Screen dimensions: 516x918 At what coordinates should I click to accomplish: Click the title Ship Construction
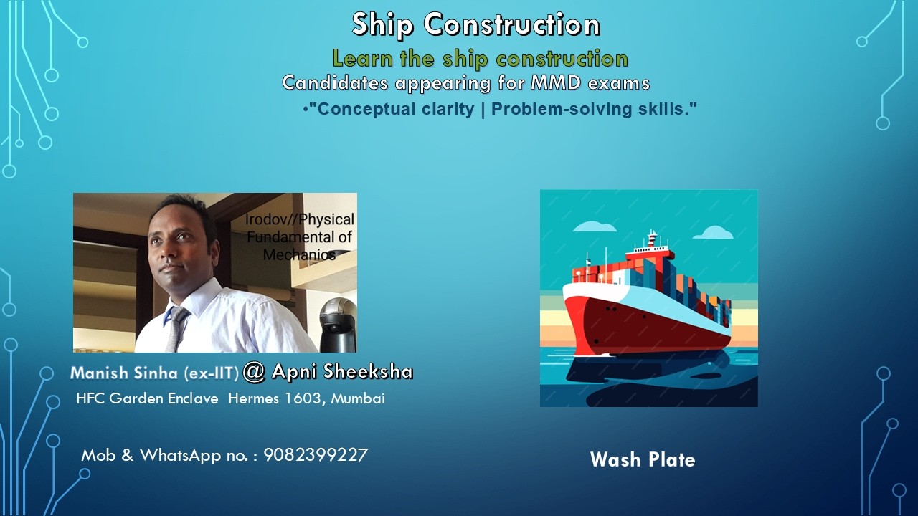[x=475, y=25]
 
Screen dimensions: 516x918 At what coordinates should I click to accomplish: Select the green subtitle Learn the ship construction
[x=480, y=59]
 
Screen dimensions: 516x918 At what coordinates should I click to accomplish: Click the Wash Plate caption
[x=643, y=459]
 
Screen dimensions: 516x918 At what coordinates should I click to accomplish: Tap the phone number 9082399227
[x=316, y=455]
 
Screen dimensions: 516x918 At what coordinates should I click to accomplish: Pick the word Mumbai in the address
[x=358, y=398]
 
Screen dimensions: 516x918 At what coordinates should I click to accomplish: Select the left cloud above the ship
[x=595, y=227]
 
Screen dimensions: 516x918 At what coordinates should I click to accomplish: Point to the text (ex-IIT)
[x=211, y=374]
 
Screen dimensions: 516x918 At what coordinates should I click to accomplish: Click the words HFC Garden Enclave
[x=147, y=398]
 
